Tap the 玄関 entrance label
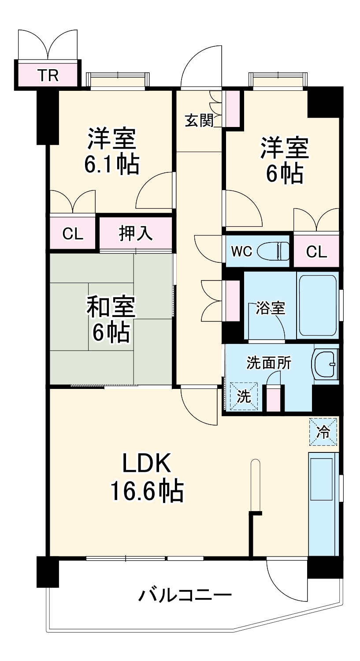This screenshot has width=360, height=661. point(199,120)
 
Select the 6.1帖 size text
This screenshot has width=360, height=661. point(111,164)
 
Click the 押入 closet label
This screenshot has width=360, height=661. point(136,234)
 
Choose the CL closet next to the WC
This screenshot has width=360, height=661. point(316,251)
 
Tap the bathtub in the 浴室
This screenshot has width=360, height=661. point(318,306)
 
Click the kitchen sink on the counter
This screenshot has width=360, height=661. point(321,479)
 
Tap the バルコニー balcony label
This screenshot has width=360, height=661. point(185,597)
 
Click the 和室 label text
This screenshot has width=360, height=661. point(111,308)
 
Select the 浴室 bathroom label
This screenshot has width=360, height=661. point(271,308)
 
